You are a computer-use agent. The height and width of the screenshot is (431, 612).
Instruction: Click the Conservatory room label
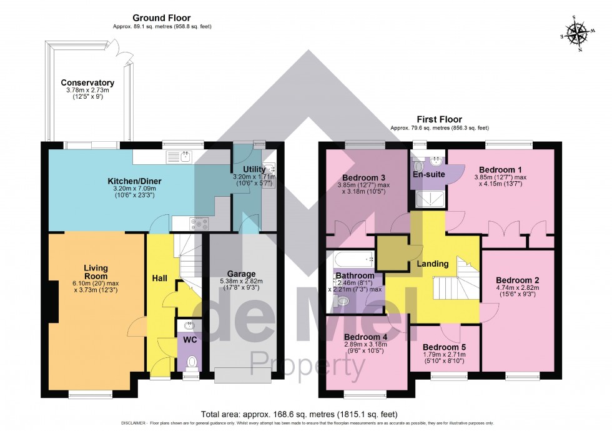[87, 82]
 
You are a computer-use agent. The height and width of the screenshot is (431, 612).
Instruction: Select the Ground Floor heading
[160, 18]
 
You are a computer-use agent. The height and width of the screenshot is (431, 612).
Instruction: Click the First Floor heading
[435, 119]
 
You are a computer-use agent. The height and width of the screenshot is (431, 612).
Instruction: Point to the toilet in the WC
[192, 362]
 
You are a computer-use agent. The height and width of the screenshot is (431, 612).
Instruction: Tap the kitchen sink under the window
[186, 156]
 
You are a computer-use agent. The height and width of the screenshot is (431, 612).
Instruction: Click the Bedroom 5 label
[444, 347]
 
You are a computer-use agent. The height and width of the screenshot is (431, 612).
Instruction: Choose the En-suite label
[428, 174]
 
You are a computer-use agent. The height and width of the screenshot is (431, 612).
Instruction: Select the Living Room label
[96, 272]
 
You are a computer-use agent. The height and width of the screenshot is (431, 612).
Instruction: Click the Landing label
[432, 264]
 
